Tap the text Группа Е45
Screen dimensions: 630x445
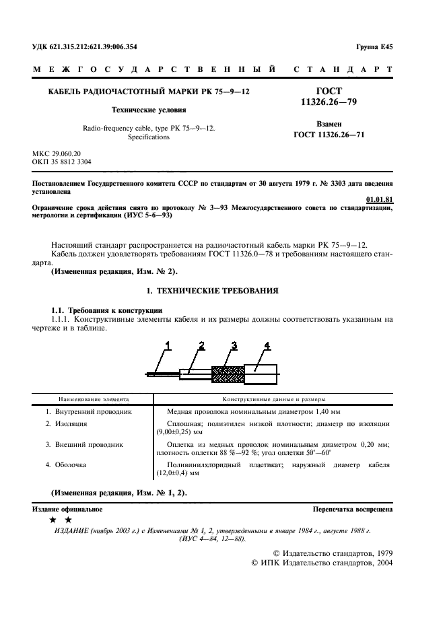[x=374, y=46]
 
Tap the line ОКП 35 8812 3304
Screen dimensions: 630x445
[x=62, y=162]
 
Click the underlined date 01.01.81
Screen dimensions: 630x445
[x=379, y=199]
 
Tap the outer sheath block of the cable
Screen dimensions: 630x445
[x=261, y=372]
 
